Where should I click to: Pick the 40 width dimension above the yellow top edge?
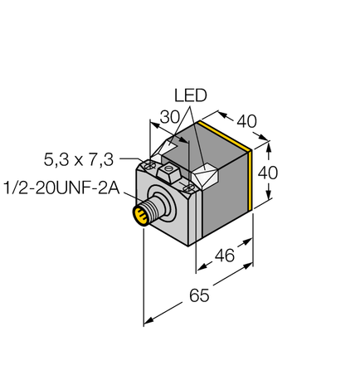(246, 121)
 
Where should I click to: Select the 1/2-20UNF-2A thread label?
(60, 190)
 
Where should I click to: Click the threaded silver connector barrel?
(151, 208)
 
